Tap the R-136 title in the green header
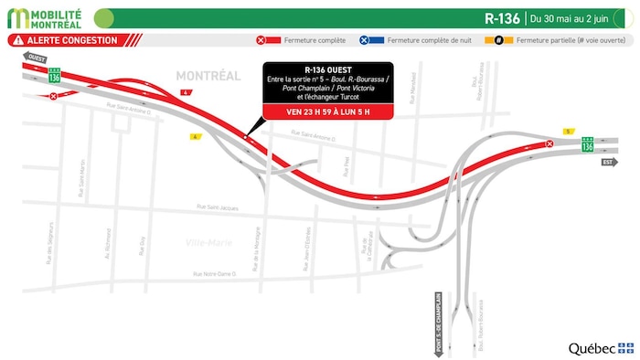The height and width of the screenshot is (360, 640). click(504, 17)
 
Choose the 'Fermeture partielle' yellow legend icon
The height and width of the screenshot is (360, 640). click(500, 40)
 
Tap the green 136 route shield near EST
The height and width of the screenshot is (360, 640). click(587, 145)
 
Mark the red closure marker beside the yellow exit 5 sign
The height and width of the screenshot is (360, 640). click(549, 143)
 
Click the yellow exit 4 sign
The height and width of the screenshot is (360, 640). click(187, 93)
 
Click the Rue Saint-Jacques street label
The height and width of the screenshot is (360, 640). click(218, 208)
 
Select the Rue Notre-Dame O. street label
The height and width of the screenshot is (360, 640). click(216, 274)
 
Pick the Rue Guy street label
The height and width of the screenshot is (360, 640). click(143, 246)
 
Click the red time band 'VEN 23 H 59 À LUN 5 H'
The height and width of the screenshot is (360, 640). click(327, 112)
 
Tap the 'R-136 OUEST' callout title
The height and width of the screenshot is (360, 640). click(327, 68)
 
